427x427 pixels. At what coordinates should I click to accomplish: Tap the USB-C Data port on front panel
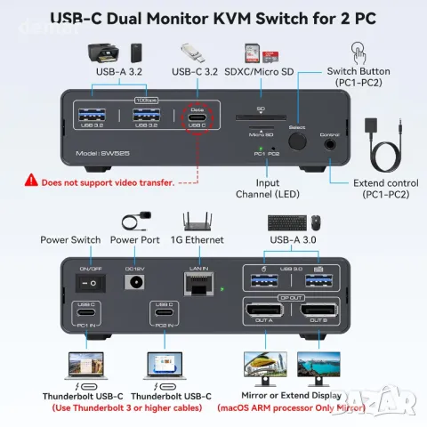(197, 125)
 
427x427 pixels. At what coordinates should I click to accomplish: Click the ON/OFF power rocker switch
(91, 280)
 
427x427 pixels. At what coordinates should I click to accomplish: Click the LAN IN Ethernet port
(197, 284)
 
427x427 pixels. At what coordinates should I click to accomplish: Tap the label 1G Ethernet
(199, 240)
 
